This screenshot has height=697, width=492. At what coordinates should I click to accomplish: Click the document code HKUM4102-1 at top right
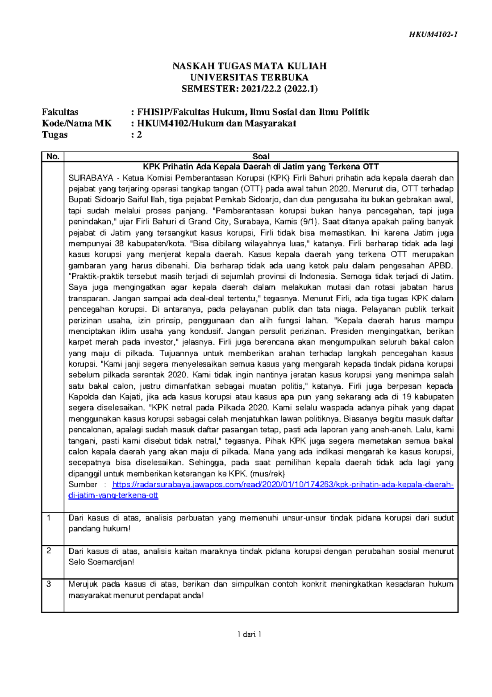tap(433, 34)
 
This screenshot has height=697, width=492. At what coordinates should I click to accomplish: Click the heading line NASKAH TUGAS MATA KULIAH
tap(249, 66)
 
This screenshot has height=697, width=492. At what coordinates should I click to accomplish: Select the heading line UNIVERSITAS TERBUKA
tap(249, 77)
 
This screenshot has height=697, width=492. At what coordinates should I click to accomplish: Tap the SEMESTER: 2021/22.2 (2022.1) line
tap(249, 88)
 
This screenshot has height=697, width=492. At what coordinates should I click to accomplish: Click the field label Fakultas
tap(60, 112)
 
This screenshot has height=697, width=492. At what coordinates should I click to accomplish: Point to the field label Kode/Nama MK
tap(76, 123)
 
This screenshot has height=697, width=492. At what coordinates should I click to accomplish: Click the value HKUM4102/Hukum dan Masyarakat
tap(216, 123)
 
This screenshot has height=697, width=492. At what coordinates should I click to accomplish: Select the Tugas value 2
tap(140, 135)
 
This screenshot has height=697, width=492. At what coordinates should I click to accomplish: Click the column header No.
tap(52, 156)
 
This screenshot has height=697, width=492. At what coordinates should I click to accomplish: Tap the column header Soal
tap(261, 156)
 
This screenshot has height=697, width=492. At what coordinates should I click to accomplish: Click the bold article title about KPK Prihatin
tap(261, 167)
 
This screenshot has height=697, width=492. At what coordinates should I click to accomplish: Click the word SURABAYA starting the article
tap(91, 178)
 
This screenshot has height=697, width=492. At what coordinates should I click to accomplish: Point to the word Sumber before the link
tap(83, 485)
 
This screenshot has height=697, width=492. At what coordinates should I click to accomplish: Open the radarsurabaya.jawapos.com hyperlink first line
tap(283, 485)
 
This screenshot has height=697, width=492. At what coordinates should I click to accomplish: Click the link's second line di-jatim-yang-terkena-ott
tap(113, 495)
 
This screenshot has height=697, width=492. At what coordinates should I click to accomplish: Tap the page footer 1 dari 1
tap(249, 634)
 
